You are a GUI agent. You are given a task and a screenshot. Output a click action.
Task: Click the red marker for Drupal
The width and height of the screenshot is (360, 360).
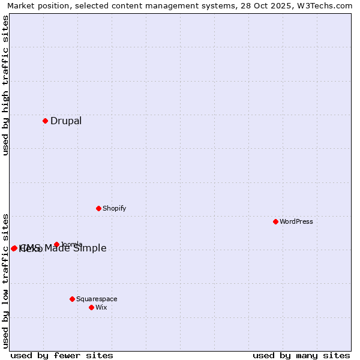tap(45, 121)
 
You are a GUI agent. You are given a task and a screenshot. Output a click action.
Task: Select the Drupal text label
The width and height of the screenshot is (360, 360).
tap(66, 121)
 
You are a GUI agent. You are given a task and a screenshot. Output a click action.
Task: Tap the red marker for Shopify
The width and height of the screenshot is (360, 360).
tap(98, 208)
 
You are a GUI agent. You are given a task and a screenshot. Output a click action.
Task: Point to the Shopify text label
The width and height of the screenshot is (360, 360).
tap(114, 208)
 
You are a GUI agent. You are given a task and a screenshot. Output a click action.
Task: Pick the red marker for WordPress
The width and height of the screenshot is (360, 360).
tap(275, 221)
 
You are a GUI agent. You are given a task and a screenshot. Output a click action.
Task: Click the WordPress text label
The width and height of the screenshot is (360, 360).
tap(296, 221)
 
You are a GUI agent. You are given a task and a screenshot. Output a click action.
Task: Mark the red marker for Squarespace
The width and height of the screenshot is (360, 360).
tap(72, 299)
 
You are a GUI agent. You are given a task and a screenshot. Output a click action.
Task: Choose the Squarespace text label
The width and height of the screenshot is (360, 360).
tap(97, 299)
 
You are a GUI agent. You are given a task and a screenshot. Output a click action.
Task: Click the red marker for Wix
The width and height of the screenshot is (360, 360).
tap(91, 307)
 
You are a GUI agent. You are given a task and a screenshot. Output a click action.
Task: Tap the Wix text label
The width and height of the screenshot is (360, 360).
tap(101, 307)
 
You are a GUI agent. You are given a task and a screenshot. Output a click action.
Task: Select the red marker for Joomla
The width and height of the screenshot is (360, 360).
tap(56, 244)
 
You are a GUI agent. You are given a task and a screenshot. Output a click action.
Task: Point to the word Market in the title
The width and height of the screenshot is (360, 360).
tap(21, 5)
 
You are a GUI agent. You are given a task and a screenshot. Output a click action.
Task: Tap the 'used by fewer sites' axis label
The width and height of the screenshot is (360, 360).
tap(62, 355)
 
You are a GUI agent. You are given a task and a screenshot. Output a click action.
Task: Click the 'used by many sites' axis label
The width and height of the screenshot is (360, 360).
tap(301, 355)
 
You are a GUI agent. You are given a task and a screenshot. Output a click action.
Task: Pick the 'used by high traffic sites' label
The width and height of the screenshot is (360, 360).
tap(5, 85)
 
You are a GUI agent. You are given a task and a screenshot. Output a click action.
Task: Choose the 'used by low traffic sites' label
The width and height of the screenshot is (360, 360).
tap(5, 280)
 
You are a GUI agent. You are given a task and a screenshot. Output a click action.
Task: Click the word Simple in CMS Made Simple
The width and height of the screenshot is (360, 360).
tap(90, 248)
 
